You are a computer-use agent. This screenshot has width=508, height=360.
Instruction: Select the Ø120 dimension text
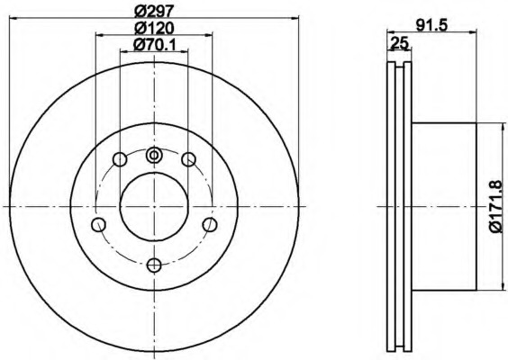tap(155, 29)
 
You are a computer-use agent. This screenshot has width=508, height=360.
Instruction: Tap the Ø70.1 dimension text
tap(155, 45)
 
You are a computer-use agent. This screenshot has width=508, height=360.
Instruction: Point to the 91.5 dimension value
tap(431, 25)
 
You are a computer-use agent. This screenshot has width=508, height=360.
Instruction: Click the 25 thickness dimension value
tap(399, 43)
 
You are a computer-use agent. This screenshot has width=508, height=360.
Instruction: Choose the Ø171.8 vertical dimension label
tap(495, 206)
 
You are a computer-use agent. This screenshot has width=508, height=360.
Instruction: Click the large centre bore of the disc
tap(154, 206)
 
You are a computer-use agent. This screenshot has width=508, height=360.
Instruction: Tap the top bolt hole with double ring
tap(154, 155)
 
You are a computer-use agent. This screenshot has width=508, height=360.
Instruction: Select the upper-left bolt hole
tap(120, 159)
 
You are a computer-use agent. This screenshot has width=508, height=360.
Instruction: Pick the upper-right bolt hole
tap(188, 159)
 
